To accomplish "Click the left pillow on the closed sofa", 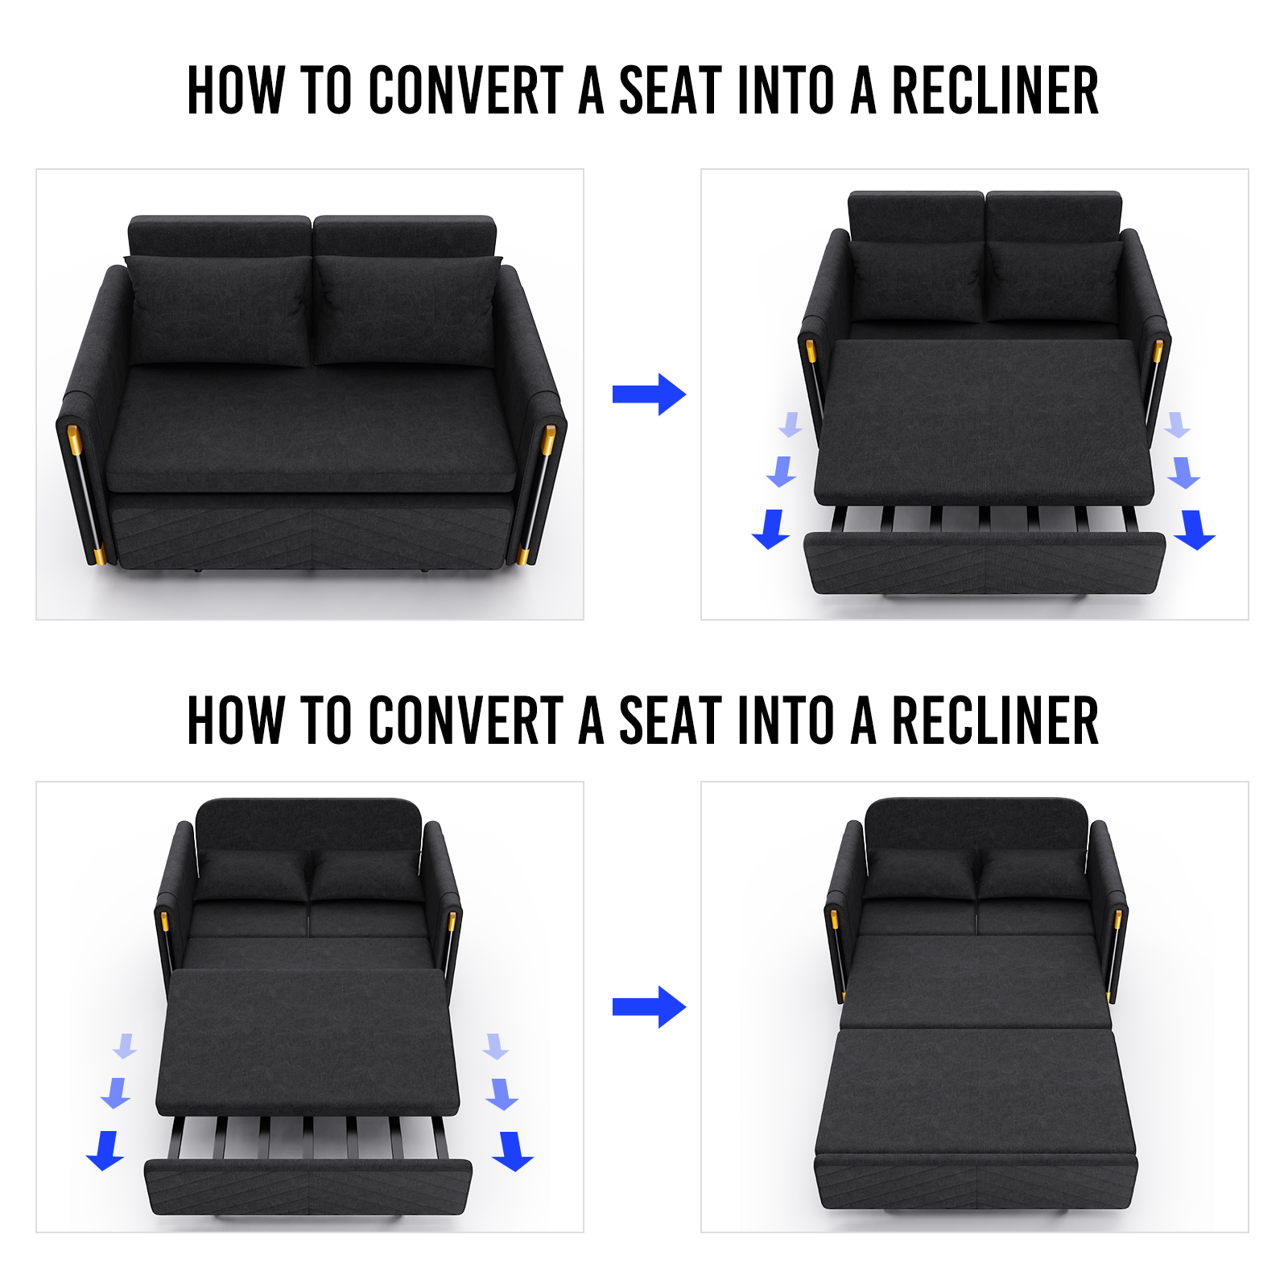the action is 219,310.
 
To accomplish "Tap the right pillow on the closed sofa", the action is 407,310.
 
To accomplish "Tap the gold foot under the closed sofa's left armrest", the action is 100,555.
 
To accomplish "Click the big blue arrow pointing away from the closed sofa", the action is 649,394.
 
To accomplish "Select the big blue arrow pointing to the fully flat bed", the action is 649,1007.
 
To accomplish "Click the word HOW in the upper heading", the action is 236,90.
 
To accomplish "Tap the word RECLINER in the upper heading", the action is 996,90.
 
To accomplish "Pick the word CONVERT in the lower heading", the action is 467,720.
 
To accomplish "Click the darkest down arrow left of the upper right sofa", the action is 771,529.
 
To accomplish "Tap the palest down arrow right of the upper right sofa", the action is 1177,424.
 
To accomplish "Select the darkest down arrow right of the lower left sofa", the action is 513,1151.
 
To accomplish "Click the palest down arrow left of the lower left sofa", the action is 125,1046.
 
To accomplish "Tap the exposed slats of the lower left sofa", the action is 309,1137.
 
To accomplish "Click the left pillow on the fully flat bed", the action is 921,873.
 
